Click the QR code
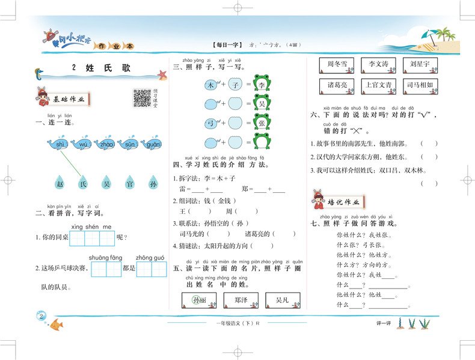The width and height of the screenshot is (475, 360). (142, 98)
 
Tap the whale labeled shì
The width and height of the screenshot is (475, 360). (59, 144)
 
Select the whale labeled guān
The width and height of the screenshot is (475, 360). (152, 144)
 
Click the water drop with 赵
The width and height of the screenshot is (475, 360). (59, 183)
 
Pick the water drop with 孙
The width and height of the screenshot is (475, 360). (153, 183)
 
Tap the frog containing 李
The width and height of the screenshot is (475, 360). (262, 85)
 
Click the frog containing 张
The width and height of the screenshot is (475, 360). (262, 123)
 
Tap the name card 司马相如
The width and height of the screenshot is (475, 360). (419, 85)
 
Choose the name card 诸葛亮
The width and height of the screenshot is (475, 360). (337, 85)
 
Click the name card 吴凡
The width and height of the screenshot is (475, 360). (282, 299)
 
